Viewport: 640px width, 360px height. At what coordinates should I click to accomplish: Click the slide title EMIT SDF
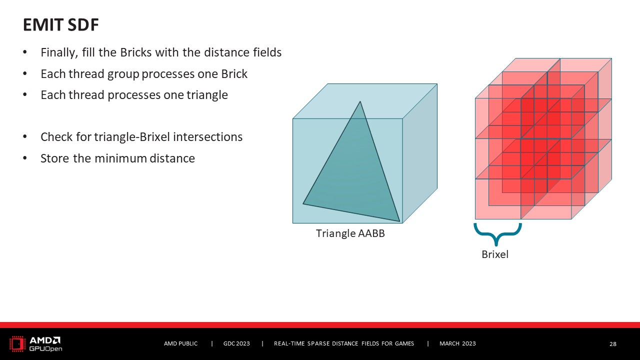(x=61, y=24)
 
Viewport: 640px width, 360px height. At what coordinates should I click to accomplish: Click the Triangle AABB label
(x=350, y=233)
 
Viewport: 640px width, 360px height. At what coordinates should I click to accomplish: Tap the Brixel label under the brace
(x=495, y=254)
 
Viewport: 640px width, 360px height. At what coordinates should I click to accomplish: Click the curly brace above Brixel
(x=497, y=235)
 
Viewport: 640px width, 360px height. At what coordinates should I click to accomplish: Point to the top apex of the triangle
(x=360, y=101)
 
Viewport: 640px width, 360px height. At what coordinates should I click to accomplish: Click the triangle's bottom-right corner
(x=399, y=221)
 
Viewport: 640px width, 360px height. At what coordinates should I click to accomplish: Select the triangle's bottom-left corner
(x=303, y=203)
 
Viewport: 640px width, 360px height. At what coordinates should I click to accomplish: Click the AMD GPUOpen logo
(x=35, y=343)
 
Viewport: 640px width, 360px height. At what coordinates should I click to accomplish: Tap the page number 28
(x=613, y=344)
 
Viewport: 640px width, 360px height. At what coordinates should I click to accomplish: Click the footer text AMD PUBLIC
(x=180, y=343)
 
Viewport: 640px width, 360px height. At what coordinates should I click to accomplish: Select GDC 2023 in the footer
(x=236, y=343)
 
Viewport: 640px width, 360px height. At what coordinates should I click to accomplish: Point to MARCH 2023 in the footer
(x=457, y=343)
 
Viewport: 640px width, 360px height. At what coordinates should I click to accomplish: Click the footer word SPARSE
(x=318, y=343)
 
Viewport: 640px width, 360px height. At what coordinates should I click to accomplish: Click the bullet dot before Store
(x=25, y=157)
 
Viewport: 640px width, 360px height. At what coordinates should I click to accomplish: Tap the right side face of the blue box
(x=419, y=153)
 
